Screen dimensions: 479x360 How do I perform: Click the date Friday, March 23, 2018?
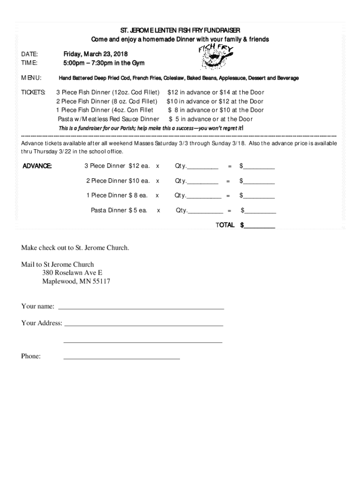coord(95,54)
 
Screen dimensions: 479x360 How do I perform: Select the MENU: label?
coord(31,78)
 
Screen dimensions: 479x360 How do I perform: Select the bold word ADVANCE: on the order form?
coord(37,166)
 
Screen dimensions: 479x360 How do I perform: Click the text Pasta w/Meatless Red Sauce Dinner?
coord(108,119)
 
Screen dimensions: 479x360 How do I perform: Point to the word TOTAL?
coord(225,225)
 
